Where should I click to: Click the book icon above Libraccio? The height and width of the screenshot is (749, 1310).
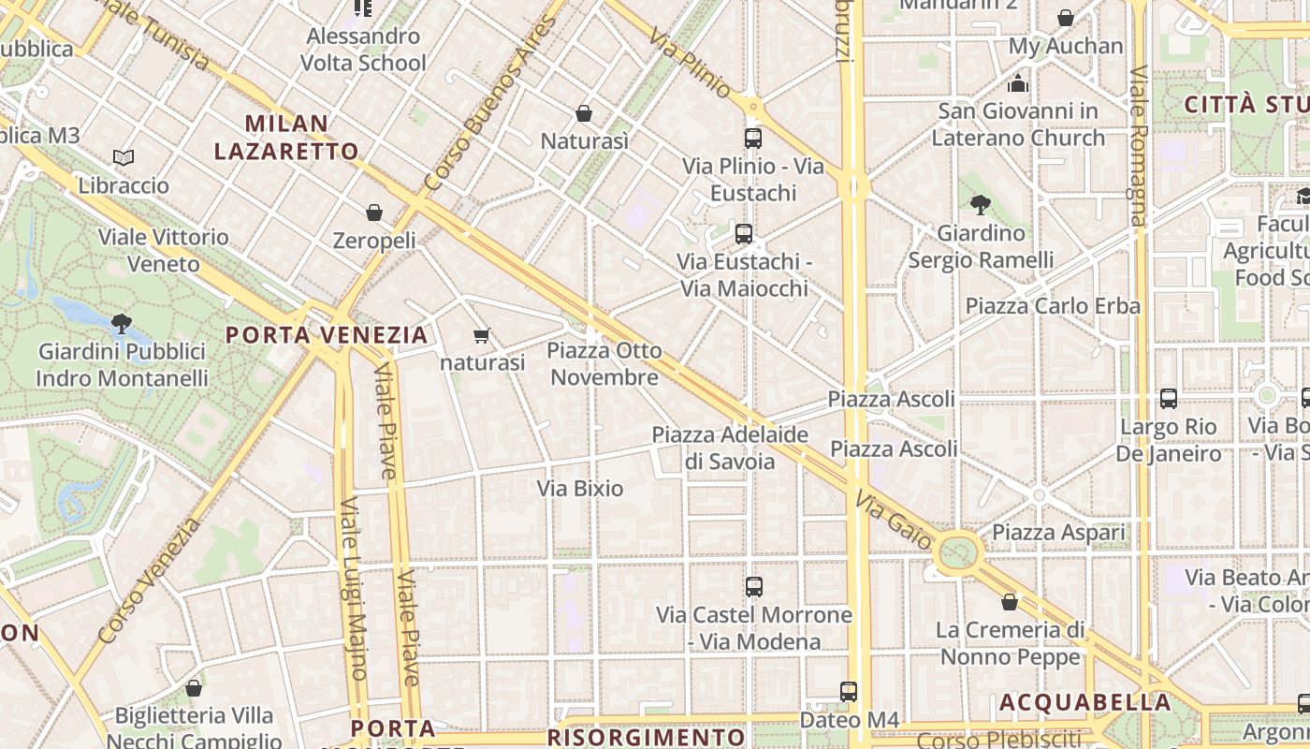point(124,157)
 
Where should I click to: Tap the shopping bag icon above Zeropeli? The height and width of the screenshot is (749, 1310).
point(374,213)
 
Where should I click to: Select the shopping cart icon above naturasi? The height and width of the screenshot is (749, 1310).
point(482,335)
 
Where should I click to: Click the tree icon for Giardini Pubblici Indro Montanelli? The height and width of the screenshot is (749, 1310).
point(121,324)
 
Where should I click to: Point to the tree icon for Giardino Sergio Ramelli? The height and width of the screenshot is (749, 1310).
point(981,204)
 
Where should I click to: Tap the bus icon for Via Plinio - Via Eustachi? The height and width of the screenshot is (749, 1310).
point(753,139)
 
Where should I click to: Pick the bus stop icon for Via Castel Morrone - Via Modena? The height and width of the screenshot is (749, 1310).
point(754,587)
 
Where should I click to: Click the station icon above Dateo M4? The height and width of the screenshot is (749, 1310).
point(849,692)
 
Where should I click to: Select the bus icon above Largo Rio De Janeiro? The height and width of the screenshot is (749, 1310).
point(1169,399)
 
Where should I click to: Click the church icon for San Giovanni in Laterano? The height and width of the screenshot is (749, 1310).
point(1019,83)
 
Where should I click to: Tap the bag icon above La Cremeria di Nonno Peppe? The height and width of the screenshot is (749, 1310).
point(1010,601)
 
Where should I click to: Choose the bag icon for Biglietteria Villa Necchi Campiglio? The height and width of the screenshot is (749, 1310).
point(194,688)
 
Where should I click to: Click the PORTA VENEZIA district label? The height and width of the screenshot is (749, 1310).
point(327,334)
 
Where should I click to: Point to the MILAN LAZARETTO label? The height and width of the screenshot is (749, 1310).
point(286,137)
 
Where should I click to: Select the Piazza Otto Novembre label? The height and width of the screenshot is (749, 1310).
point(604,363)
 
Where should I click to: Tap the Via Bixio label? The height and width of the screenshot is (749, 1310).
point(580,488)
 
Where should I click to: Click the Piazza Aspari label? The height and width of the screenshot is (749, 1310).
point(1058,532)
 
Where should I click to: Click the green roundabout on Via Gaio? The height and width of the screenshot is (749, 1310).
point(957,551)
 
